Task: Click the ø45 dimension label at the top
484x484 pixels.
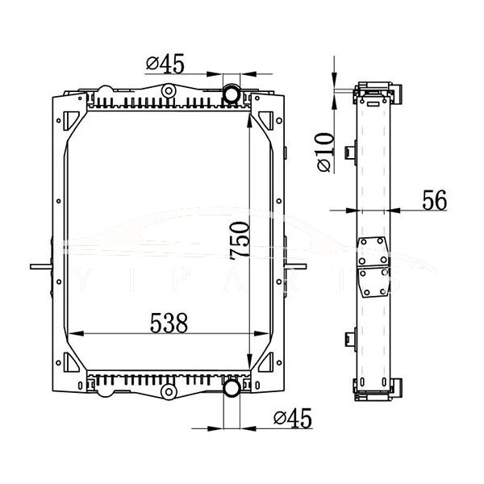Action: tap(165, 64)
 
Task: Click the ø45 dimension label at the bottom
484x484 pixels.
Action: tap(293, 418)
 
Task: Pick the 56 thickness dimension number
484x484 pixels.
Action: tap(434, 201)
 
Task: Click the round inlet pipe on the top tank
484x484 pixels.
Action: tap(231, 94)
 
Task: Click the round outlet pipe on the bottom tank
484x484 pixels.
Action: tap(231, 390)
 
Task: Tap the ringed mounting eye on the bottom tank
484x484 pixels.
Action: tap(168, 392)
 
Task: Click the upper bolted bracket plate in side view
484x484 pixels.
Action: tap(373, 251)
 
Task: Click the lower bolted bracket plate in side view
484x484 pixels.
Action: tap(373, 282)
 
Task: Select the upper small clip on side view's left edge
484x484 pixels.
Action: tap(350, 152)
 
